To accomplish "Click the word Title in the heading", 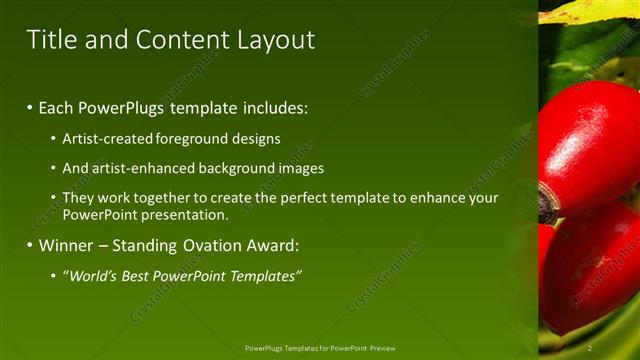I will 50,40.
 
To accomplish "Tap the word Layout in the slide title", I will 276,40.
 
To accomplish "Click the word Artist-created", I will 107,139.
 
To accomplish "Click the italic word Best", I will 128,276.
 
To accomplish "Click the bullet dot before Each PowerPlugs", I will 30,107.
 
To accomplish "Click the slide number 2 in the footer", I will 590,348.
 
